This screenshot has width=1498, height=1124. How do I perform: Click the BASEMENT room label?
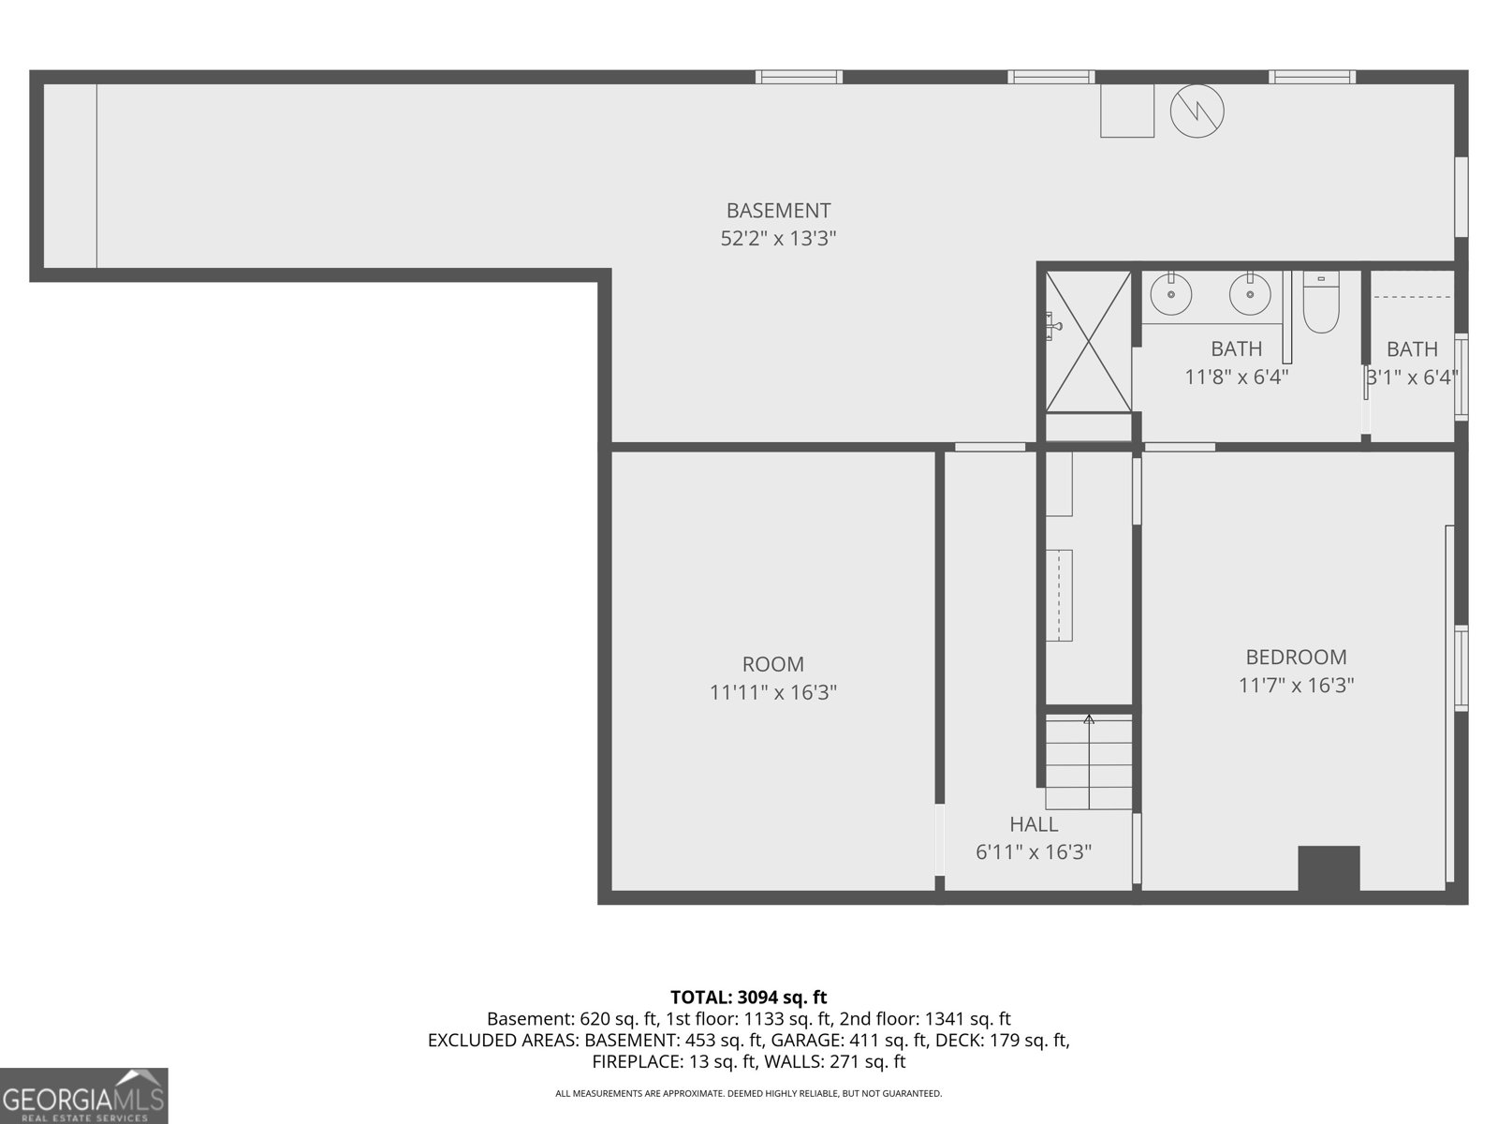coord(778,211)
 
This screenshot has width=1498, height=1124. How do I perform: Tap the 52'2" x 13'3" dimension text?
coord(778,239)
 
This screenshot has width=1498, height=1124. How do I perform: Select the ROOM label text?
coord(772,664)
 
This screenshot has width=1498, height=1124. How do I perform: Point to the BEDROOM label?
coord(1296,658)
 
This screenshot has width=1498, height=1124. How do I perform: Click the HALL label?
coord(1034,824)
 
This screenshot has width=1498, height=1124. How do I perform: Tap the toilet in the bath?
coord(1321,303)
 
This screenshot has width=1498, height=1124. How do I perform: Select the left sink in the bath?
coord(1170,295)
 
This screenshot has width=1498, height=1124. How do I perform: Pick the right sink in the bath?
coord(1249,295)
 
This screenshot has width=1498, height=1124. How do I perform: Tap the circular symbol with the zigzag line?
coord(1197,111)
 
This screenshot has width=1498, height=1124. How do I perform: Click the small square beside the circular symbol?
coord(1126,111)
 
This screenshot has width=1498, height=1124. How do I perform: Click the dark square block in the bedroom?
coord(1329,868)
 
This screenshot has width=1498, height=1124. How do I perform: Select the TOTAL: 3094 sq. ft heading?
coord(748,998)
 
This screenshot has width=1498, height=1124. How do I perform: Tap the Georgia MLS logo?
coord(83,1096)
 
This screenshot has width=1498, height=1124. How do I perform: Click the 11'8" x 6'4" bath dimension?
coord(1236,377)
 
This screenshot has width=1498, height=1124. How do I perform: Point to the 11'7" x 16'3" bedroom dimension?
coord(1296,686)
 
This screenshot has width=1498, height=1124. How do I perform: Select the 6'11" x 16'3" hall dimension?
coord(1034,852)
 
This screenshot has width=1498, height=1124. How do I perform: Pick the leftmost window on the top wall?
coord(799,77)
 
